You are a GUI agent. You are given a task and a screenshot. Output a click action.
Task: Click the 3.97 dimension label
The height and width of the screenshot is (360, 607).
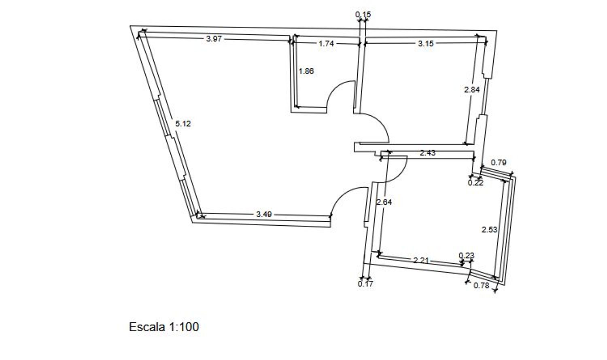coord(214,39)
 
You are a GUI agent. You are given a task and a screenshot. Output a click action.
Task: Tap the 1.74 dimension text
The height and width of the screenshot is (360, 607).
coord(326,44)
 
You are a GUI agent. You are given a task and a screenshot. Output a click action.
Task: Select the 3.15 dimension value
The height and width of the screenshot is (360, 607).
coord(426,43)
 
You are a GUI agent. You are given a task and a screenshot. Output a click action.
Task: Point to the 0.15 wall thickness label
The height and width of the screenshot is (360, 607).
coord(363,14)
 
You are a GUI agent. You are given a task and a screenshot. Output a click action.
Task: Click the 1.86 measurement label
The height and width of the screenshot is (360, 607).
coord(306,71)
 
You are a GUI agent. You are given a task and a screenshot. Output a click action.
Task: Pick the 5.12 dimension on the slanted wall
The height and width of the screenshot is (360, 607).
coord(183,124)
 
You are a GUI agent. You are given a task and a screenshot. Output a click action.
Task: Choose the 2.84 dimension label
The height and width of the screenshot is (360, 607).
coord(472,90)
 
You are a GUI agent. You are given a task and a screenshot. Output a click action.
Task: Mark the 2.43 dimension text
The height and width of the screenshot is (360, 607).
coord(428,153)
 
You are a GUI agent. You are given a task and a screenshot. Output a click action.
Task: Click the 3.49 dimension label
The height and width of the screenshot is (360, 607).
coord(264,214)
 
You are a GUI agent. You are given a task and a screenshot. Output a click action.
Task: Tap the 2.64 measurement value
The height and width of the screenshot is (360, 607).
coord(384,202)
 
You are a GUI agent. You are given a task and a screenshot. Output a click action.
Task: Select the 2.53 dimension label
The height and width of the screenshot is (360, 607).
coord(489,230)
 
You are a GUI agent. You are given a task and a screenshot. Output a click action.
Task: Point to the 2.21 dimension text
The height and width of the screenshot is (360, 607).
coord(421,260)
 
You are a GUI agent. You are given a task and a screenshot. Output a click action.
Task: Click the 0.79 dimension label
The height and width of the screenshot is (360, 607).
coord(499,163)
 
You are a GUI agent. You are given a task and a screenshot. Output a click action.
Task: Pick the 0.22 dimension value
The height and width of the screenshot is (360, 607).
coord(475,183)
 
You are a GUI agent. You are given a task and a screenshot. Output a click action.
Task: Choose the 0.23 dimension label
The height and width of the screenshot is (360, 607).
coord(466,256)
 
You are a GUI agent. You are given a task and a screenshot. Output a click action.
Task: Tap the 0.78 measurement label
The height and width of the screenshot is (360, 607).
coord(481,286)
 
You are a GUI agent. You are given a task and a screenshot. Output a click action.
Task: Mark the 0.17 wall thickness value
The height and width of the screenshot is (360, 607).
coord(365,284)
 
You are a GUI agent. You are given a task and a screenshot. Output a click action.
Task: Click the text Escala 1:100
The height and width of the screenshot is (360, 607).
coord(164,327)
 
